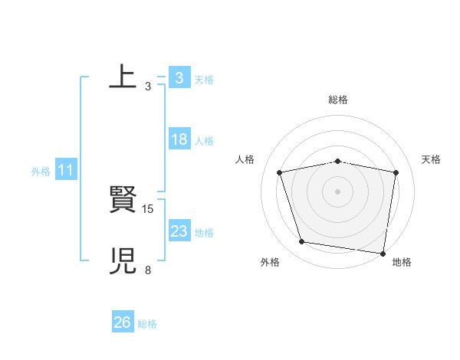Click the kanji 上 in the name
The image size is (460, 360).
pos(123,77)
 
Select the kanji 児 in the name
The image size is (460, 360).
pos(123,261)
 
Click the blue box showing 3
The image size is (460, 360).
pos(179,77)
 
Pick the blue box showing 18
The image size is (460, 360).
pos(179,139)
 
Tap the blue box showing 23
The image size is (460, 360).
pos(179,231)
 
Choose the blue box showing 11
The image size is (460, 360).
pos(65,170)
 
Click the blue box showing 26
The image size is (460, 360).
pos(123,322)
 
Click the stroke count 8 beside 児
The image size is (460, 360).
pos(148,270)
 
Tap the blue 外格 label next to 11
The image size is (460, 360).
pos(41,172)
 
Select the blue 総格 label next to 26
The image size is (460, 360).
pos(147,324)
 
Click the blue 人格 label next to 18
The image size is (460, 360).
pos(204,141)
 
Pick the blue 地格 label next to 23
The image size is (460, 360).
pos(204,233)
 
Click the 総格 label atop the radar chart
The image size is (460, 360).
pos(338,100)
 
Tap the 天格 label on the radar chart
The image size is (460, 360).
pos(432,159)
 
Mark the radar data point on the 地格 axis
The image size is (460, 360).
pos(383,253)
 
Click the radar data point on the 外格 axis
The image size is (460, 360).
pos(302,242)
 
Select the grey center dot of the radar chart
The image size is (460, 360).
pos(338,191)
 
